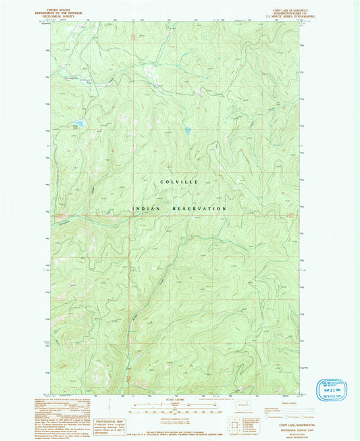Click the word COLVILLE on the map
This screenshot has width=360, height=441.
point(179,182)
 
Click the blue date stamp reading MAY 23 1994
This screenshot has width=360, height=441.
point(334,389)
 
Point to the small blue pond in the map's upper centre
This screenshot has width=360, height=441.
point(187,130)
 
